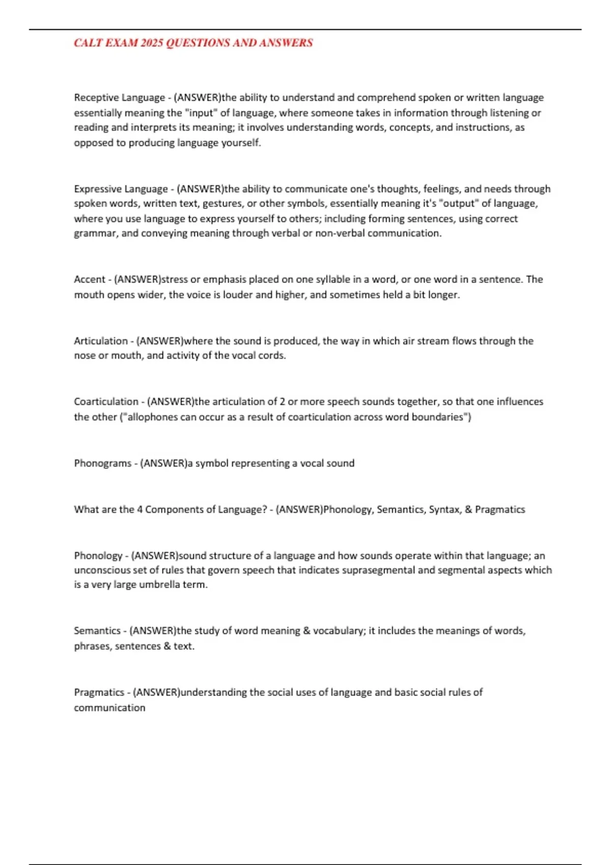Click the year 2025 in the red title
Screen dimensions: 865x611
(152, 43)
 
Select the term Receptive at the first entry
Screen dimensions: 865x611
(96, 97)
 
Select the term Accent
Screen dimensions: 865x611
(90, 279)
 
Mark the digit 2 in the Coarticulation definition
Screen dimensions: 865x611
(283, 401)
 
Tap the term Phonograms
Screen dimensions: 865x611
(102, 463)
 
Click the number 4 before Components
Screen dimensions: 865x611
(140, 509)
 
